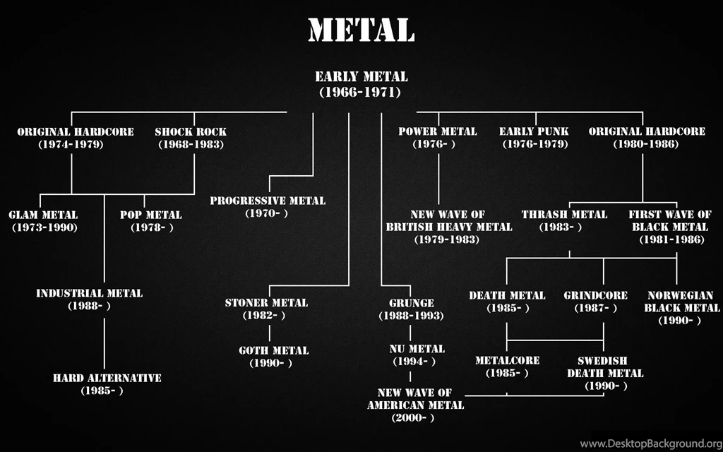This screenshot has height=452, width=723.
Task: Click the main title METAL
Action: (x=361, y=30)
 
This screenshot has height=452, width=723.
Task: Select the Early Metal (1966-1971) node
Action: (x=361, y=84)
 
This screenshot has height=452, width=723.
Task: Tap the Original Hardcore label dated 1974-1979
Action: (x=75, y=138)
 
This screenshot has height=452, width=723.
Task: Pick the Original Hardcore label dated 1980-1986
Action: (x=646, y=138)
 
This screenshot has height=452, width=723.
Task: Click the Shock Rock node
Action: (x=191, y=138)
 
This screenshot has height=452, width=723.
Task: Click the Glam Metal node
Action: (x=43, y=221)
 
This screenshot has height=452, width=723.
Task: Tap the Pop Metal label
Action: (x=150, y=221)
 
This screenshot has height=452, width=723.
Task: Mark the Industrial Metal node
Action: (x=89, y=299)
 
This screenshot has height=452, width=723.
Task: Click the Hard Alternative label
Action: (x=107, y=384)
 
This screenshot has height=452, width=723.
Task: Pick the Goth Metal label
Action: (x=273, y=357)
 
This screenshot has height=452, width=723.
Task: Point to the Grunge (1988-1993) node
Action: (x=411, y=309)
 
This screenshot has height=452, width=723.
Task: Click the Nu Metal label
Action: (x=417, y=355)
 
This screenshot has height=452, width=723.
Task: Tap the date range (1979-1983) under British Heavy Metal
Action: (x=448, y=240)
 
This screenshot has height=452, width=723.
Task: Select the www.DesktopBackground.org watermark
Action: (x=649, y=444)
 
